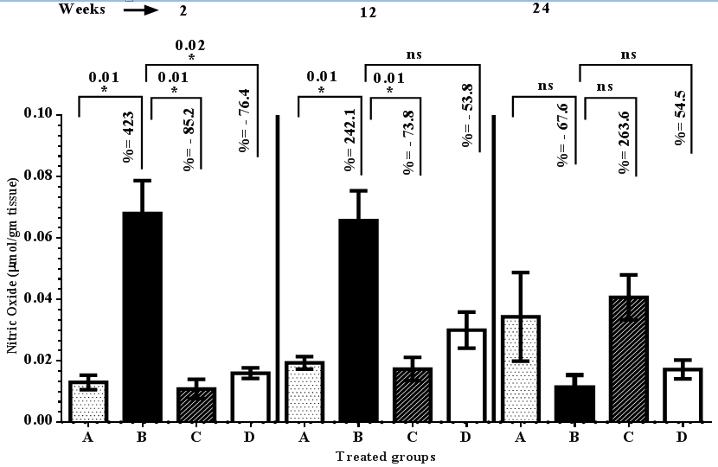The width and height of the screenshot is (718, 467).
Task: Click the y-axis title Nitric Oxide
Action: [12, 268]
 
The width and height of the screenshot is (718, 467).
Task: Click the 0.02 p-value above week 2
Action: [189, 44]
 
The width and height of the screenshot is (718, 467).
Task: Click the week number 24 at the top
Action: [542, 9]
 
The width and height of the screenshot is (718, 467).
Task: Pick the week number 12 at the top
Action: [369, 14]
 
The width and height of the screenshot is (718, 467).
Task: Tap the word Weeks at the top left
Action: [82, 10]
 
